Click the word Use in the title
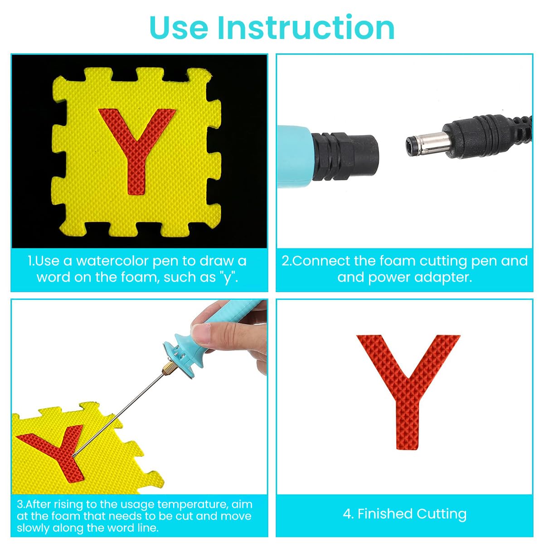(x=179, y=28)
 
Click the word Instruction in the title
(x=306, y=28)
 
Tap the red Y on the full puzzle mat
(x=136, y=145)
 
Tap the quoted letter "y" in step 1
(x=228, y=277)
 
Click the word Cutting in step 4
(x=442, y=514)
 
